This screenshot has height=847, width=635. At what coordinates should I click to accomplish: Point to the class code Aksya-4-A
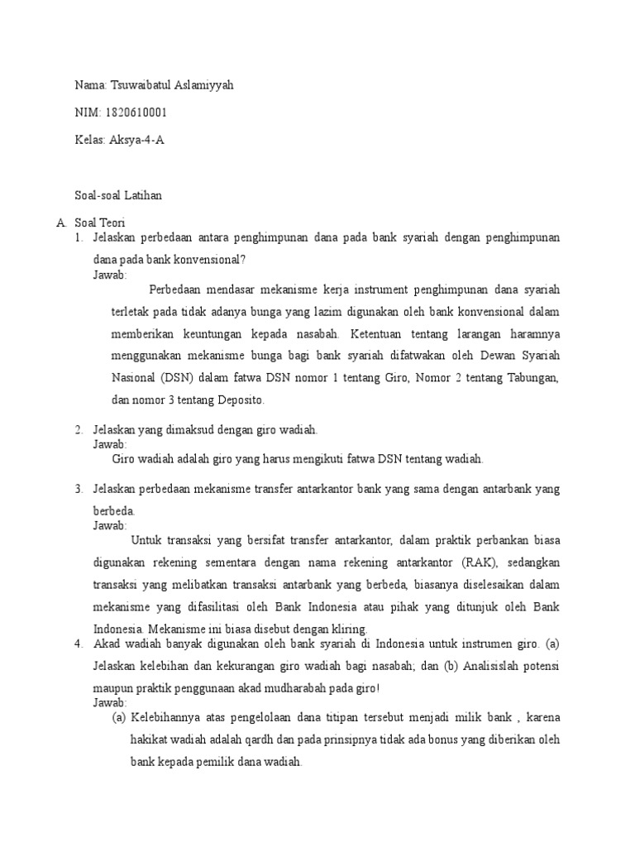click(x=137, y=139)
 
